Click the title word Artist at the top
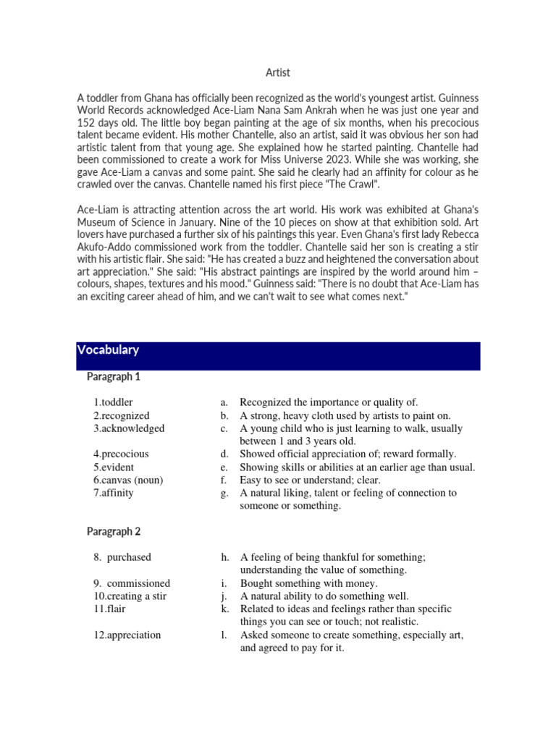point(278,72)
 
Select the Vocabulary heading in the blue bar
point(108,350)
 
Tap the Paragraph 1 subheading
point(114,377)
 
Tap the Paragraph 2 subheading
point(114,532)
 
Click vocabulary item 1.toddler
point(113,402)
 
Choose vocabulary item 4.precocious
point(121,454)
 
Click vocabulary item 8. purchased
point(122,558)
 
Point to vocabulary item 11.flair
point(108,609)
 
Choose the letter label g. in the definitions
point(225,494)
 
